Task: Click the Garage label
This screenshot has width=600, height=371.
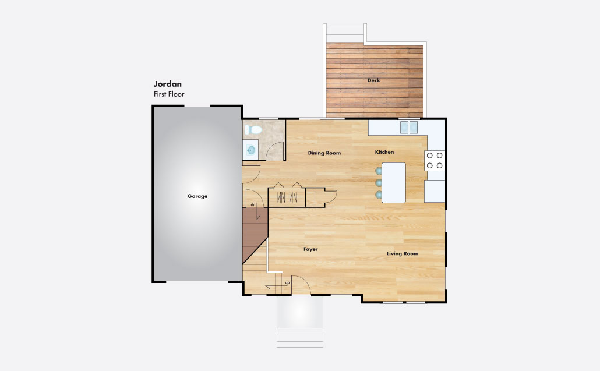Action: [x=197, y=196]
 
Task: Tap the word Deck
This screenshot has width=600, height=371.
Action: [x=374, y=80]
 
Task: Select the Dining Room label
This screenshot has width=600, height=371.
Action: [x=324, y=153]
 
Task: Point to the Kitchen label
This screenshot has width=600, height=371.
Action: [x=384, y=152]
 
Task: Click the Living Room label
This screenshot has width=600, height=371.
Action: [x=403, y=253]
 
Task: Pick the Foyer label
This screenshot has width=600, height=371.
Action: [x=310, y=249]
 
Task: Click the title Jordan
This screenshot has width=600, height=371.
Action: [x=168, y=84]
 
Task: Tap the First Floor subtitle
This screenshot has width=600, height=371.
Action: [x=169, y=94]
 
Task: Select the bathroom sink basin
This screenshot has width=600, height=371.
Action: [x=251, y=150]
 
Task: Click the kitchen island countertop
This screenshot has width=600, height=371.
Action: [x=394, y=183]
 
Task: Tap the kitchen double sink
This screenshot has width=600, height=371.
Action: [x=409, y=128]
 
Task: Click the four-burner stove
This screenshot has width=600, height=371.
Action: [x=435, y=161]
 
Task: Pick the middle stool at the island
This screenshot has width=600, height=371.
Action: [x=379, y=182]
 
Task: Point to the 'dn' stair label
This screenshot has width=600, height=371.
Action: [x=253, y=205]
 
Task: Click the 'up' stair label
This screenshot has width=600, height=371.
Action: [x=287, y=283]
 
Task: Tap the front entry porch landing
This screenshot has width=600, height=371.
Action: [x=300, y=312]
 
